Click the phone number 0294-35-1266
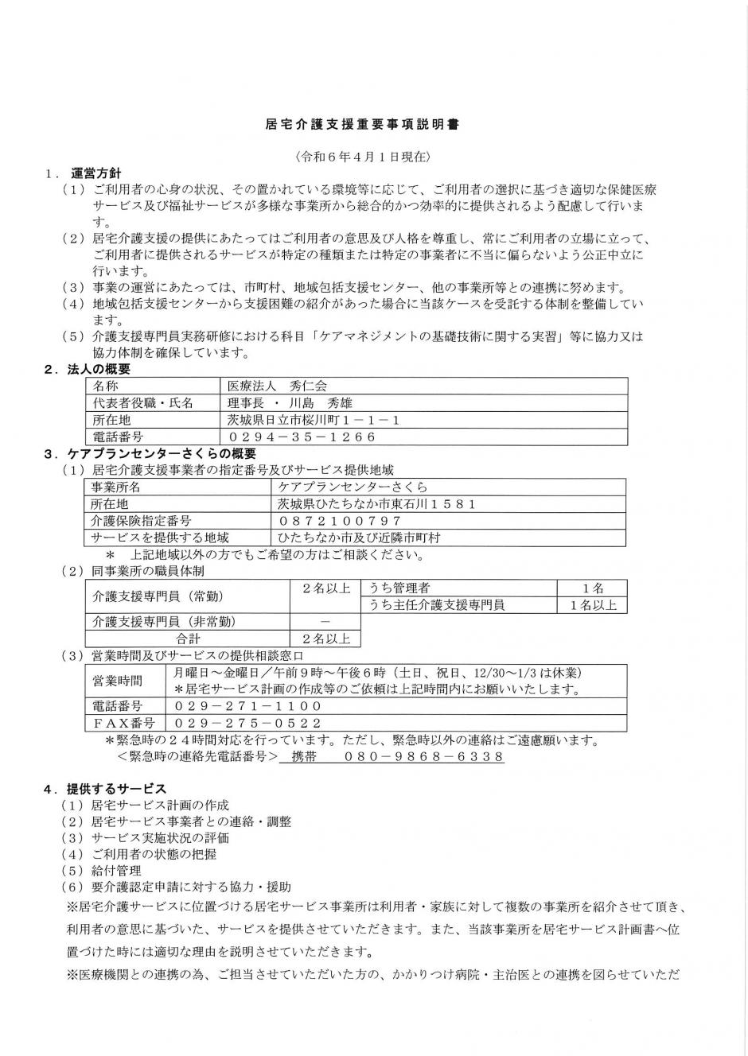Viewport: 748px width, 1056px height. point(302,437)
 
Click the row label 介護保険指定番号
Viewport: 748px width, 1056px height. point(142,521)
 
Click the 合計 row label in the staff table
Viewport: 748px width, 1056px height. point(188,638)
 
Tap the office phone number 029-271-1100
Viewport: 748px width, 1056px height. point(247,705)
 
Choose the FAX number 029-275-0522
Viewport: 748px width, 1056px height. point(247,723)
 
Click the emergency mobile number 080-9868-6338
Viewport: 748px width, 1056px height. point(424,757)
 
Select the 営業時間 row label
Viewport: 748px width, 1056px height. point(119,681)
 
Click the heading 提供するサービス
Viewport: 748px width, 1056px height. point(117,789)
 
